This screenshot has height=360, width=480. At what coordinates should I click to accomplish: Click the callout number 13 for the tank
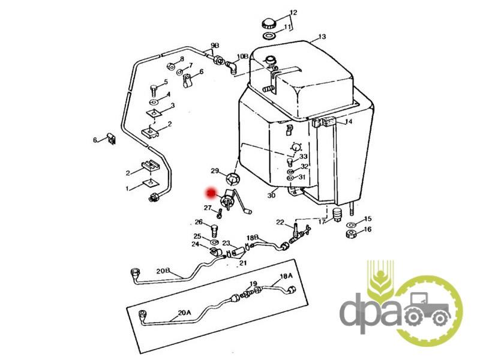click(322, 37)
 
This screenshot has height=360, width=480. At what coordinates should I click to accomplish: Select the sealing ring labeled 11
click(269, 35)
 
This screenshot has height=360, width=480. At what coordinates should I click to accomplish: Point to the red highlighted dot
click(211, 193)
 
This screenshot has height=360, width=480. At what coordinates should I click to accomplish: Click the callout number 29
click(215, 170)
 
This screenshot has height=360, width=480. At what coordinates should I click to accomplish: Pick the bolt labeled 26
click(214, 230)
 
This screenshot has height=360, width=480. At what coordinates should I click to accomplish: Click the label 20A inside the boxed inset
click(184, 313)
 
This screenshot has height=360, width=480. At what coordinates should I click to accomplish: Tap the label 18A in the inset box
click(286, 276)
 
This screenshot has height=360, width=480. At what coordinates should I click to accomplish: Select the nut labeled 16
click(351, 235)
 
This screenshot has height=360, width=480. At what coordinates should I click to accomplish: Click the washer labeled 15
click(351, 224)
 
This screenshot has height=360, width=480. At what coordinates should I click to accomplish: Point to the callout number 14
click(349, 122)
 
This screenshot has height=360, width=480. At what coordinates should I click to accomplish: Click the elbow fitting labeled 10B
click(232, 67)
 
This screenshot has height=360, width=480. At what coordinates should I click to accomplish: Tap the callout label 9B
click(215, 46)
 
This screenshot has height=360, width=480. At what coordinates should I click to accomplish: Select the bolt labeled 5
click(154, 89)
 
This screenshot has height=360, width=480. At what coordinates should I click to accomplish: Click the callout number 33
click(303, 157)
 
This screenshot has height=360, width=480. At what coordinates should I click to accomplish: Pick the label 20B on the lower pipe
click(163, 271)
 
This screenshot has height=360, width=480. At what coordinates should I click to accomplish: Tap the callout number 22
click(280, 223)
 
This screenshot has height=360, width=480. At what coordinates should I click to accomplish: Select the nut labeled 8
click(171, 66)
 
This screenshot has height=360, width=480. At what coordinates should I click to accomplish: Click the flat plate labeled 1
click(151, 183)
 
